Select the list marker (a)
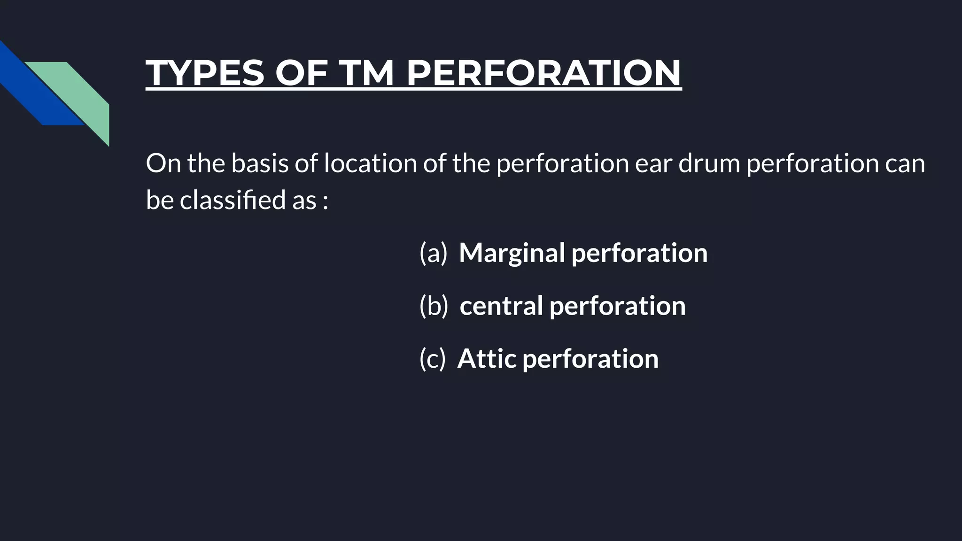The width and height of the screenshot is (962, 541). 433,253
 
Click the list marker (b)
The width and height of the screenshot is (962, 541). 434,306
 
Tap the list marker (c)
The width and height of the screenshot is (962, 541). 432,359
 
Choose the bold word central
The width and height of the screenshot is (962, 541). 500,306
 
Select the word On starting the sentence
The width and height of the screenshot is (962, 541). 163,163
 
